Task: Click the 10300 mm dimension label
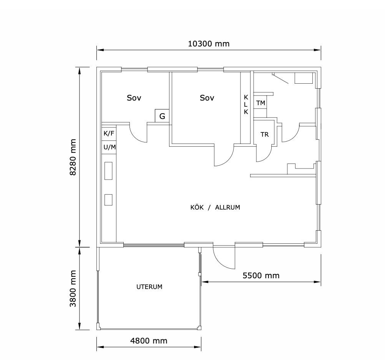tap(209, 44)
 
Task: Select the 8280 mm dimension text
tap(73, 157)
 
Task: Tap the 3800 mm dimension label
tap(73, 289)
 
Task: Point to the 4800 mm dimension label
tap(149, 341)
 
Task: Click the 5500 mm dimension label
tap(261, 276)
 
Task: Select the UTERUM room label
tap(149, 287)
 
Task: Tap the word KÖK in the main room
tap(197, 207)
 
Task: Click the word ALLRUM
tap(227, 208)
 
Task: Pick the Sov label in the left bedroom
tap(134, 98)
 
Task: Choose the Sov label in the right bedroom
tap(207, 98)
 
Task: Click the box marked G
tap(162, 116)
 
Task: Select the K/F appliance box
tap(109, 134)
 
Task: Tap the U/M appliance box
tap(109, 147)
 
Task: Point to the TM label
tap(261, 103)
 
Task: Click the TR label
tap(264, 134)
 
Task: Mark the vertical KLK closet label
tap(246, 105)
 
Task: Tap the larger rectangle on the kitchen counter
tap(108, 171)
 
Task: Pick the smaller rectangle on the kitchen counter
tap(108, 200)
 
